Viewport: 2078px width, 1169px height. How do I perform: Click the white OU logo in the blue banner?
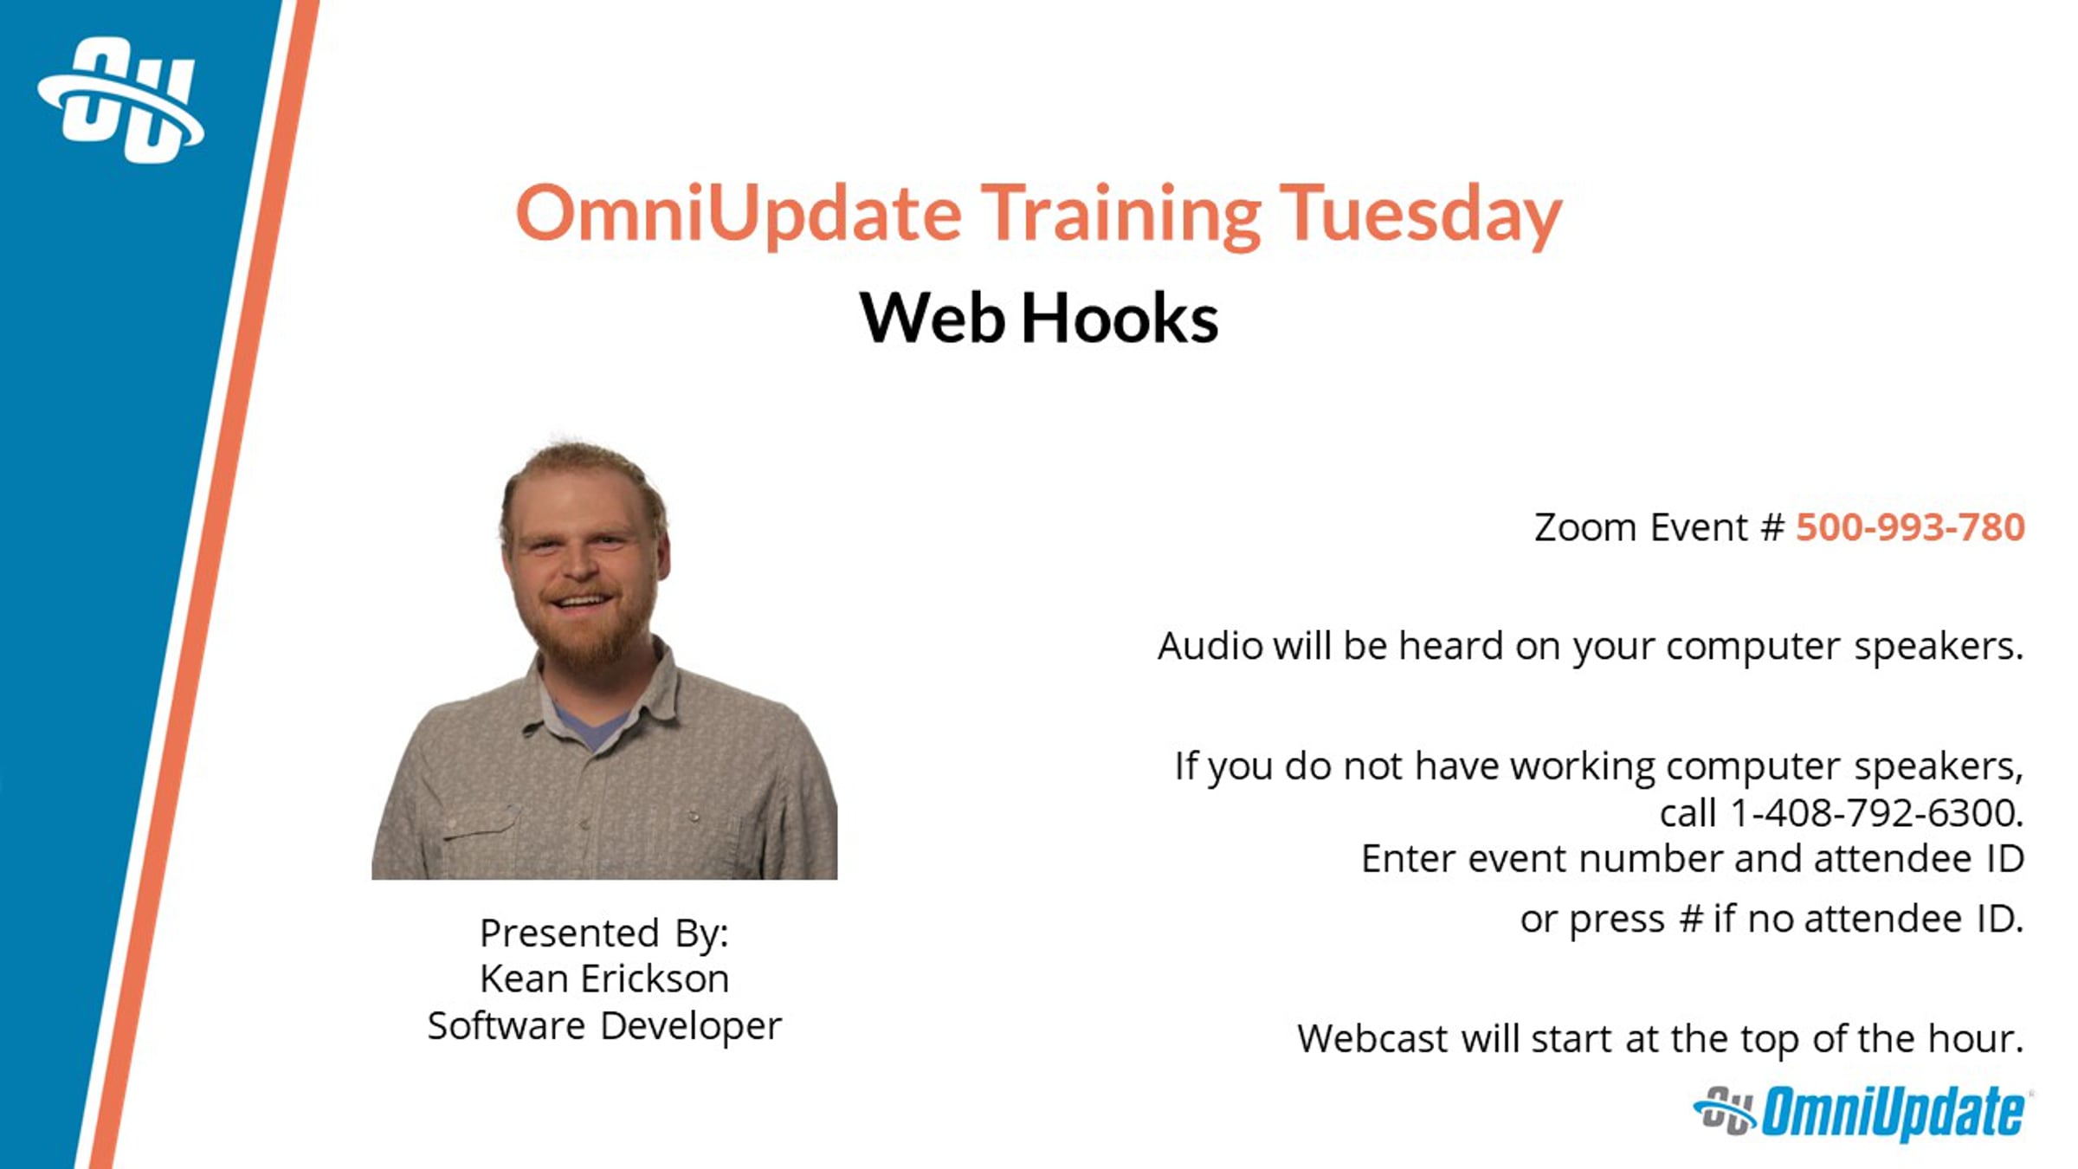point(121,100)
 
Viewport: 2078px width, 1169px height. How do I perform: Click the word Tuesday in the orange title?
point(1421,215)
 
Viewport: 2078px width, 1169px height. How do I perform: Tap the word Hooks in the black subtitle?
point(1120,318)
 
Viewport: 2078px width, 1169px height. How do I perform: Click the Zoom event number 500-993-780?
point(1910,527)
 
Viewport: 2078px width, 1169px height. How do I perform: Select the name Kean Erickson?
point(604,979)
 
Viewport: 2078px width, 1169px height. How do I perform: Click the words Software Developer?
point(604,1027)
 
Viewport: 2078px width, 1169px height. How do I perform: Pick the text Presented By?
point(604,933)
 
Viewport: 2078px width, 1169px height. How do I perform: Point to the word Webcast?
point(1372,1038)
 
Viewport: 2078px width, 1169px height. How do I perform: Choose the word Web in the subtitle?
point(933,318)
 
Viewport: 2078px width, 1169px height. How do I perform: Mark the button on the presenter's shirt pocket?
point(694,816)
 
